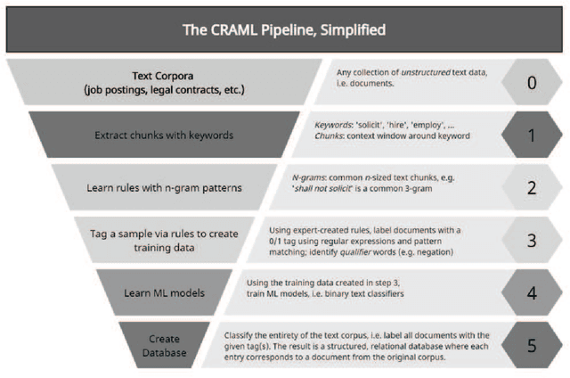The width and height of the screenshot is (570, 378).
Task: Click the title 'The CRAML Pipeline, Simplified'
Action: pos(284,29)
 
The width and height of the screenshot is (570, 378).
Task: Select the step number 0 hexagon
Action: pos(531,82)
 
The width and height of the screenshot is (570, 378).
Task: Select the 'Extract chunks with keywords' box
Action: pos(165,135)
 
